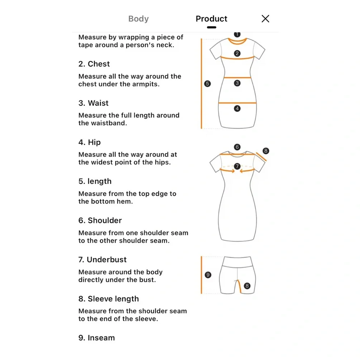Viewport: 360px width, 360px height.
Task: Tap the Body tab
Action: pos(139,19)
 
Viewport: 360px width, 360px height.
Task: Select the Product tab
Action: pos(211,19)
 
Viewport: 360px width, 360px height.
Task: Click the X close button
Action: pos(265,19)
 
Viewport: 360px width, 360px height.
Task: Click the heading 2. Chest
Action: pos(94,64)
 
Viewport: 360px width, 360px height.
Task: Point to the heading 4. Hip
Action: pos(90,142)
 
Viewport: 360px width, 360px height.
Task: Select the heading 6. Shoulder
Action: pos(100,220)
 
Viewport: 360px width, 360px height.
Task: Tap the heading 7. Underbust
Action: pos(102,260)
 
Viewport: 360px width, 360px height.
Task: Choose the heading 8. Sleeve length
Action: pos(109,299)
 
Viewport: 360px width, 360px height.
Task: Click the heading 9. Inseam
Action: pos(96,338)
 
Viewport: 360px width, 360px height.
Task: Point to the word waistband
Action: pos(109,123)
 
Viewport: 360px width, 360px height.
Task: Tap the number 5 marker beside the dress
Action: pos(207,84)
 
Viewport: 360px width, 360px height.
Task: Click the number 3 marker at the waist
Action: pos(237,83)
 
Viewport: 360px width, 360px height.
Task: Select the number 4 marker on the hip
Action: pos(237,108)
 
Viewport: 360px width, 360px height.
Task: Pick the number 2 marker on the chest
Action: pos(237,54)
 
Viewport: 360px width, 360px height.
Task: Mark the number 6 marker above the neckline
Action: pos(237,147)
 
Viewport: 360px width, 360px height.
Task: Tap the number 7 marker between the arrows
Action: pos(237,166)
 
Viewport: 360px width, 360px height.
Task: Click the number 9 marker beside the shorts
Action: pos(208,275)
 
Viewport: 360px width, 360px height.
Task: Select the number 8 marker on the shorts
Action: pos(247,286)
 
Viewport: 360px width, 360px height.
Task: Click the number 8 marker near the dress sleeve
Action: pos(266,151)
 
